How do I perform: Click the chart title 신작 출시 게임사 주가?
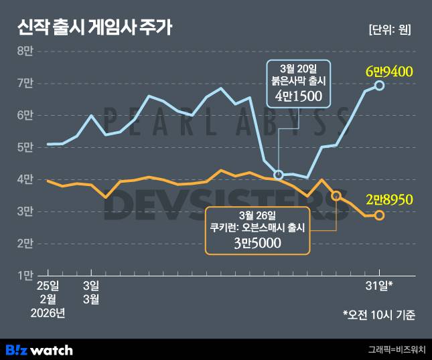(94, 27)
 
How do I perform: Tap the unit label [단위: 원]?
(390, 29)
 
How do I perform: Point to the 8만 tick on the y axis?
(25, 51)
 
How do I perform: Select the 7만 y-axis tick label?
(25, 83)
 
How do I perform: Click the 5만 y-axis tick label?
(25, 147)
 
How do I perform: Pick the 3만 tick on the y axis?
(25, 211)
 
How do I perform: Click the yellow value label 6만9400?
(388, 70)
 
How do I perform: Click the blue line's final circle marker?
(380, 86)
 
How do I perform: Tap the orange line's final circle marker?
(380, 215)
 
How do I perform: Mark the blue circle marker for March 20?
(279, 175)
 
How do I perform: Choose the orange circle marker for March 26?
(336, 195)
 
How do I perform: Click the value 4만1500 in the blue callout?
(299, 97)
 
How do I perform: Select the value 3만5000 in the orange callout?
(258, 244)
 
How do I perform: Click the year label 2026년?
(49, 313)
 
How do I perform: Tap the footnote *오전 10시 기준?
(378, 313)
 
